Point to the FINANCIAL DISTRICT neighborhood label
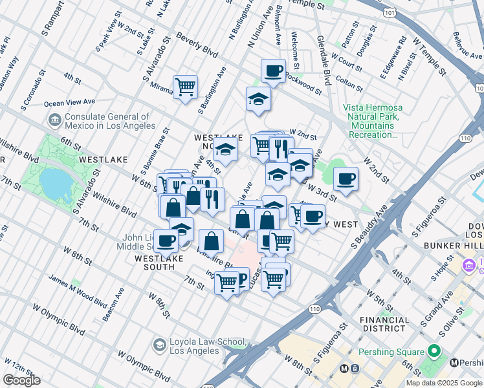(384, 324)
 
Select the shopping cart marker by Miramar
(186, 86)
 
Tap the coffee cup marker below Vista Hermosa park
(346, 178)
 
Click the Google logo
(21, 380)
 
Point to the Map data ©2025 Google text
(444, 383)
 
